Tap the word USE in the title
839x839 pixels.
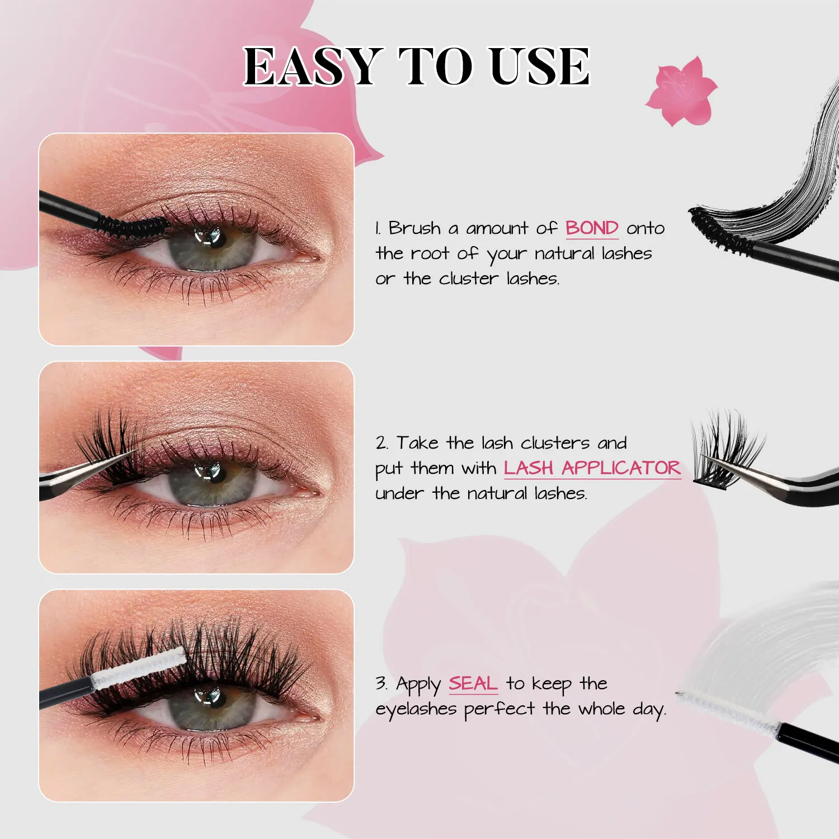tap(540, 67)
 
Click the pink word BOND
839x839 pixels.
tap(592, 228)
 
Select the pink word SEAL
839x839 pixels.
tap(473, 684)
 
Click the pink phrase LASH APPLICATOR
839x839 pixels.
tap(592, 468)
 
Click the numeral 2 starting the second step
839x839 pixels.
tap(381, 443)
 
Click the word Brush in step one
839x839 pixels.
tap(414, 228)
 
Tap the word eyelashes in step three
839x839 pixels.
tap(416, 709)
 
